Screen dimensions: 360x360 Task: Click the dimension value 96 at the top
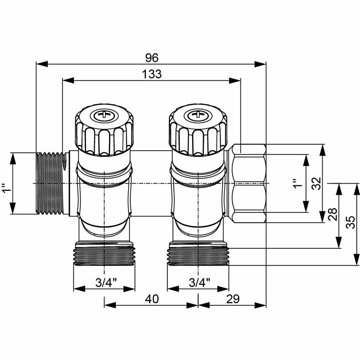152,57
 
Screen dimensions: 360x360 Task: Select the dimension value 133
152,74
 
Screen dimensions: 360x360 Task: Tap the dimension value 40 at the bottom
152,299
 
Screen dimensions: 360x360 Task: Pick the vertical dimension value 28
333,215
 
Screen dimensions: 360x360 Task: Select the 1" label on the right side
296,183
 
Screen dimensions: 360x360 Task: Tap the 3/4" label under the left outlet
104,283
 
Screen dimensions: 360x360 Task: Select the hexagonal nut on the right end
249,184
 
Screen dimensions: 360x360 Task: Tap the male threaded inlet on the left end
50,184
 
